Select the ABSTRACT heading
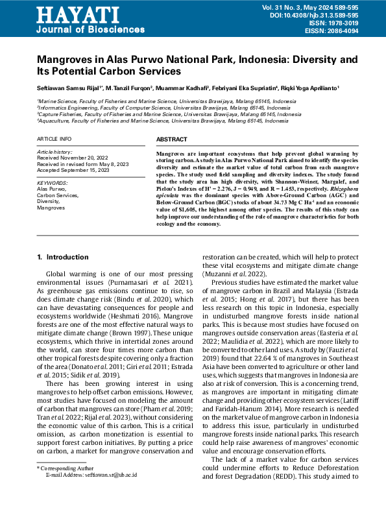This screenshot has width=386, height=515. pyautogui.click(x=173, y=139)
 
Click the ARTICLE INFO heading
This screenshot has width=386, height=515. pyautogui.click(x=54, y=139)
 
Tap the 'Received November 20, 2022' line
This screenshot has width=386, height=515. pyautogui.click(x=73, y=158)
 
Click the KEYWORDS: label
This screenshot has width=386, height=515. pyautogui.click(x=53, y=184)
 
